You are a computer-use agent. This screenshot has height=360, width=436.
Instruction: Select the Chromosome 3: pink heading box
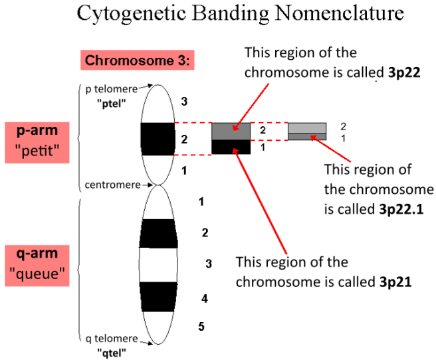coord(138,61)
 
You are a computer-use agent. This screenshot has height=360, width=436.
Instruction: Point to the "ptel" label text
coord(112,103)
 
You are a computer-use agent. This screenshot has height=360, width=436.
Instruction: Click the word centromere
coord(110,184)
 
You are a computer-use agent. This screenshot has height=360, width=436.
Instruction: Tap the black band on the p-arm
coord(158,138)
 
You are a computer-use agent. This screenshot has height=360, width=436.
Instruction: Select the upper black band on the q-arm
coord(158,233)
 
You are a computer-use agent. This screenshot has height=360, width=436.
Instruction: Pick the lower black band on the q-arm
coord(158,297)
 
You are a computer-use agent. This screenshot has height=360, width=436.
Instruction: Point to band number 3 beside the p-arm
coord(184,102)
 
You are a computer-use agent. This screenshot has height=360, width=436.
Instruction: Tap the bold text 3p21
coord(397,281)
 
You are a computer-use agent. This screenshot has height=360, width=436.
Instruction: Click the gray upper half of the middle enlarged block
coord(231,132)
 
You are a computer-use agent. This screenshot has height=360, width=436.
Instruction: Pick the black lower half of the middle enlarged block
coord(231,147)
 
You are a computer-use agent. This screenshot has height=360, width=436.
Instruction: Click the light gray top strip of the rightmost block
coord(307,128)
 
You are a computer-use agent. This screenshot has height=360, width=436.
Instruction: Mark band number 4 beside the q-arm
coord(205,298)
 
